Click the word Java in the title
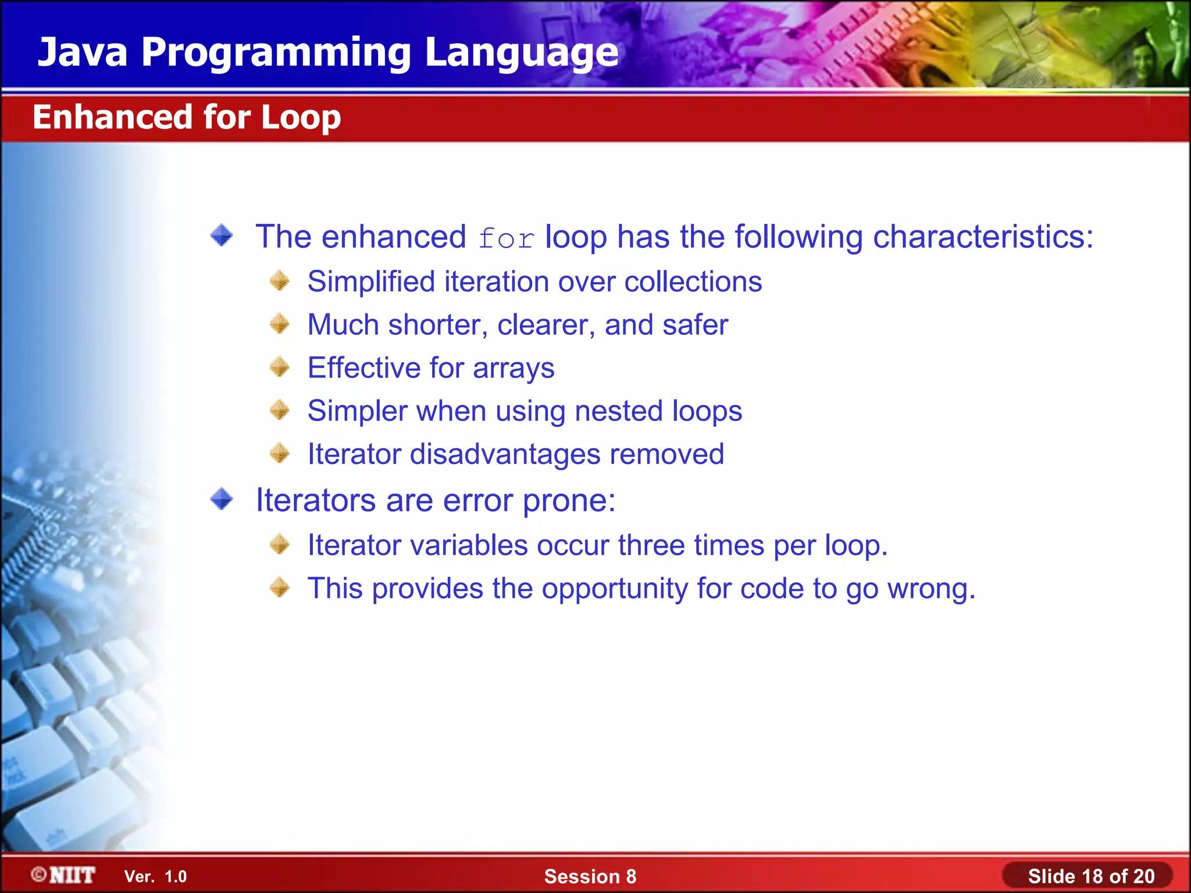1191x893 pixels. click(83, 52)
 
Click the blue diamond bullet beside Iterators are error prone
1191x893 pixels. click(222, 499)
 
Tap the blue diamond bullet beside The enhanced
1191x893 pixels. click(222, 235)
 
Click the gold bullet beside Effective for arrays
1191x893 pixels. click(280, 367)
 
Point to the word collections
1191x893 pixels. click(693, 282)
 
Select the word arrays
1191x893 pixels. click(514, 369)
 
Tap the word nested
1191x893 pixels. click(618, 411)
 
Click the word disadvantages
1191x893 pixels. click(505, 454)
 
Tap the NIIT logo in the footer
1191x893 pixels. click(64, 875)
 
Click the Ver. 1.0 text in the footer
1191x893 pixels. click(155, 876)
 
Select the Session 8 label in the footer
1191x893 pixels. click(590, 876)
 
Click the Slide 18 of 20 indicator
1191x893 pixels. click(1090, 876)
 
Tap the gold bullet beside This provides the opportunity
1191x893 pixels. click(280, 587)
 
